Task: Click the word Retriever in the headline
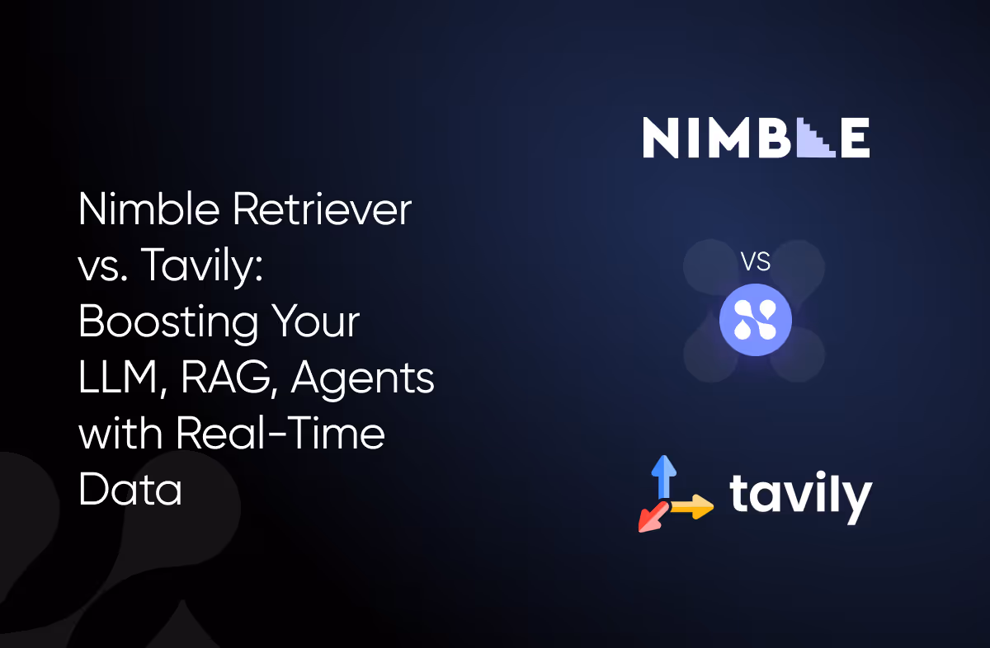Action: [x=322, y=211]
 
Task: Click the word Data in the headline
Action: [x=130, y=490]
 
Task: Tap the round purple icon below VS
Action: [x=755, y=321]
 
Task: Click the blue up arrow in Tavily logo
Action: [x=663, y=476]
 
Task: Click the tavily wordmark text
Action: [x=800, y=495]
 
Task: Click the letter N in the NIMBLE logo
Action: [x=660, y=138]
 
